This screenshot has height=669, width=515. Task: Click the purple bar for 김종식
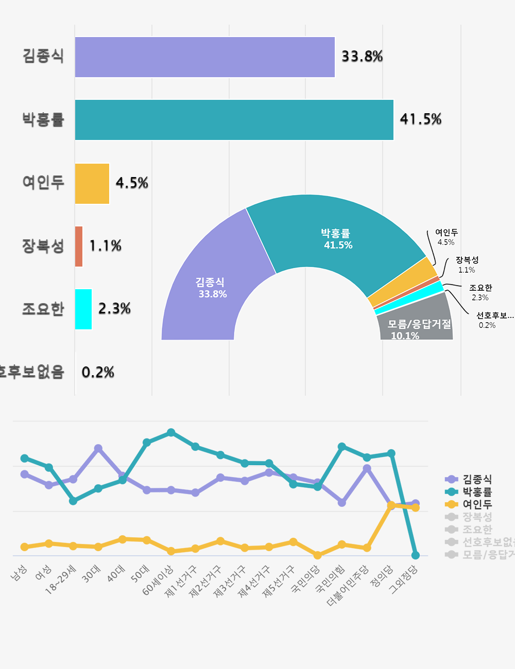click(x=205, y=57)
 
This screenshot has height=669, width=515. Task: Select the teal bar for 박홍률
click(x=234, y=120)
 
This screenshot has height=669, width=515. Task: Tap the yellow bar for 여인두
click(x=92, y=184)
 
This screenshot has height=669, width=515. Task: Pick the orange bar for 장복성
click(x=79, y=247)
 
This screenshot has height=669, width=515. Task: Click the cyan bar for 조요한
click(x=83, y=309)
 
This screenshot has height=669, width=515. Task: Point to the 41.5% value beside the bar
click(x=421, y=119)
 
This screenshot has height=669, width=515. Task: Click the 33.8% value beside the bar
click(x=362, y=57)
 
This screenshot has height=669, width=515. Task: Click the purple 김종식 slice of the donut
click(x=206, y=288)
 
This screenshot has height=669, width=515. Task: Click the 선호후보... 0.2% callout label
click(x=494, y=320)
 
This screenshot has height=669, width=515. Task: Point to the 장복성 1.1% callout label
click(x=467, y=265)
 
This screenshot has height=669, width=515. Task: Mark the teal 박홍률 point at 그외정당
click(x=416, y=555)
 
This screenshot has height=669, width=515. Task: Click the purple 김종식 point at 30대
click(x=98, y=448)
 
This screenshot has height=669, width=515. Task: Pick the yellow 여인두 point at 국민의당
click(x=318, y=555)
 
